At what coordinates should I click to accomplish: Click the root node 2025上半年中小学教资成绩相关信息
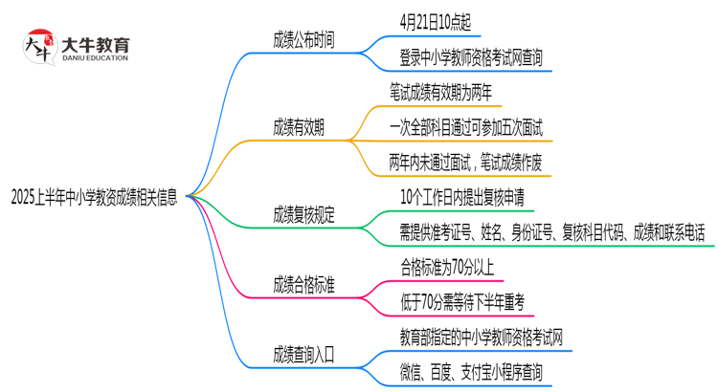(93, 199)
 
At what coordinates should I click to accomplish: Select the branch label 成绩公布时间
(304, 39)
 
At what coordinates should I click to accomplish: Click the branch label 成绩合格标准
(304, 284)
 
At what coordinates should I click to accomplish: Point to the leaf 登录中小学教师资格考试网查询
(472, 57)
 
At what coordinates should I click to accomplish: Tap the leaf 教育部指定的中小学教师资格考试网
(481, 337)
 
